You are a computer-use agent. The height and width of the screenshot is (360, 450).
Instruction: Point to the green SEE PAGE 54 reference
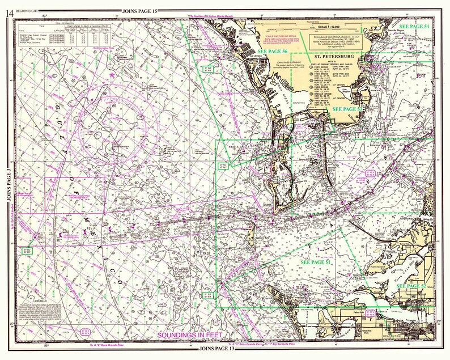(x=414, y=27)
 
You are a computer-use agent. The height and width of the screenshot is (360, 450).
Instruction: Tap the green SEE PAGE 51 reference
(x=316, y=263)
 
